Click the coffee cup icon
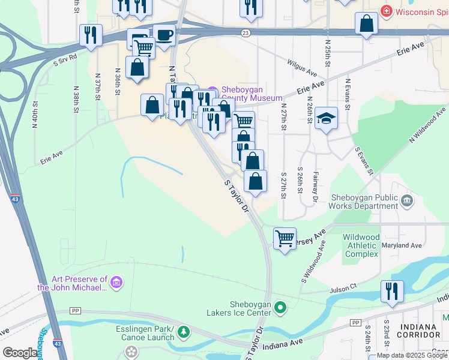point(164,35)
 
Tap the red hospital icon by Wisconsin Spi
point(387,11)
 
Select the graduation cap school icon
point(326,118)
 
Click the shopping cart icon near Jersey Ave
point(285,238)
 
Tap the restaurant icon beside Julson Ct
point(392,291)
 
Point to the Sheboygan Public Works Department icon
point(408,200)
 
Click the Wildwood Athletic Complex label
point(361,245)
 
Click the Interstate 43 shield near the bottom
point(56,344)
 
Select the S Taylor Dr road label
point(237,195)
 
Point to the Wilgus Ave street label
point(301,68)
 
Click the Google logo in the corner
point(20,353)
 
